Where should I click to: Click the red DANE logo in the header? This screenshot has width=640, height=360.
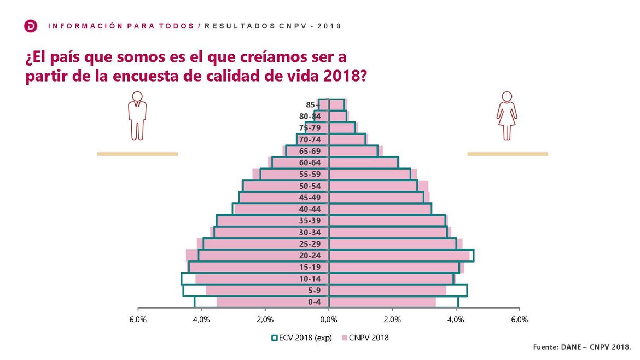tap(31, 26)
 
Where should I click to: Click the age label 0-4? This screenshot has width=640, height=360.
tap(314, 302)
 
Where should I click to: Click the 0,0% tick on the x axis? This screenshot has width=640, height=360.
tap(329, 320)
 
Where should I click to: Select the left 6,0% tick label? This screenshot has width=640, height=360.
tap(138, 320)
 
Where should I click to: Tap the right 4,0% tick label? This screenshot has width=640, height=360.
tap(456, 320)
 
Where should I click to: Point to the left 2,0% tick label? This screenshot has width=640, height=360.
tap(265, 320)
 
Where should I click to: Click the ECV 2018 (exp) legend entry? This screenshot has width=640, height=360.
tap(302, 338)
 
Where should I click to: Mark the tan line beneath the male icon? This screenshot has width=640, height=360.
tap(137, 154)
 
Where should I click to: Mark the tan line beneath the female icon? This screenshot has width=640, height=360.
tap(507, 154)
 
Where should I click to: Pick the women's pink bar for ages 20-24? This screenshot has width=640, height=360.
tap(399, 256)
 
